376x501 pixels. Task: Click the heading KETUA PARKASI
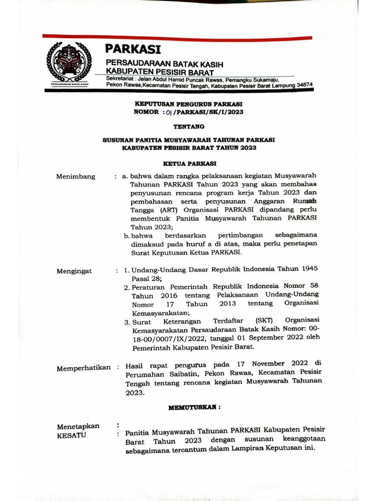(x=188, y=164)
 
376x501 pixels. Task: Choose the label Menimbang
(x=76, y=177)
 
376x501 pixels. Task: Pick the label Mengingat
(x=74, y=271)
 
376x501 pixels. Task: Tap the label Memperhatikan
(x=84, y=368)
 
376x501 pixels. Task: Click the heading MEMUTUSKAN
(x=194, y=407)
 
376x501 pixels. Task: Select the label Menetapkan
(x=78, y=426)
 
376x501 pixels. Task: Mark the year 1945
(x=307, y=268)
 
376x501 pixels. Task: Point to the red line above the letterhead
(x=177, y=37)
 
